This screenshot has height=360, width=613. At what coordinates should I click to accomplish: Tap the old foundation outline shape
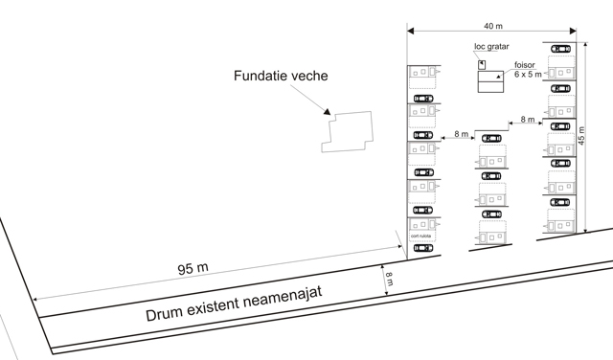(x=348, y=132)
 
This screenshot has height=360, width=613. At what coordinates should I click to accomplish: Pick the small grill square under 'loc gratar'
(x=484, y=65)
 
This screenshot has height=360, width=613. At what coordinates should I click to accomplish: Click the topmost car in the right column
(x=559, y=47)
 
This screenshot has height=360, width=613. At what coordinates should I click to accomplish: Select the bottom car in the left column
(x=421, y=248)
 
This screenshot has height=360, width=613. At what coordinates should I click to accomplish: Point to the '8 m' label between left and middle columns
(x=461, y=134)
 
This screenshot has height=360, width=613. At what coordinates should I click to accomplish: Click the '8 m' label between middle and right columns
(x=526, y=120)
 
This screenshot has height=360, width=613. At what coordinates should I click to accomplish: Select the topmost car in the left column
(x=421, y=97)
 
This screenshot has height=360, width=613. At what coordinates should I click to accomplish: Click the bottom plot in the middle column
(x=492, y=233)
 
